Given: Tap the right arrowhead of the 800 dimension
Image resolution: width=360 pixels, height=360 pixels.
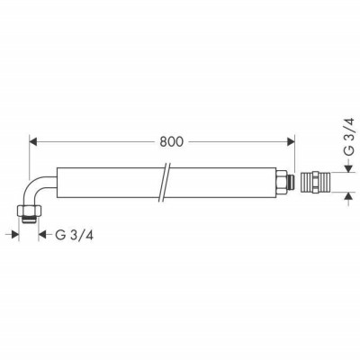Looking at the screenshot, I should point(290,140).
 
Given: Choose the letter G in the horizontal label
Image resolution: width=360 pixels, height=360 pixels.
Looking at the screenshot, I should point(60,236).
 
